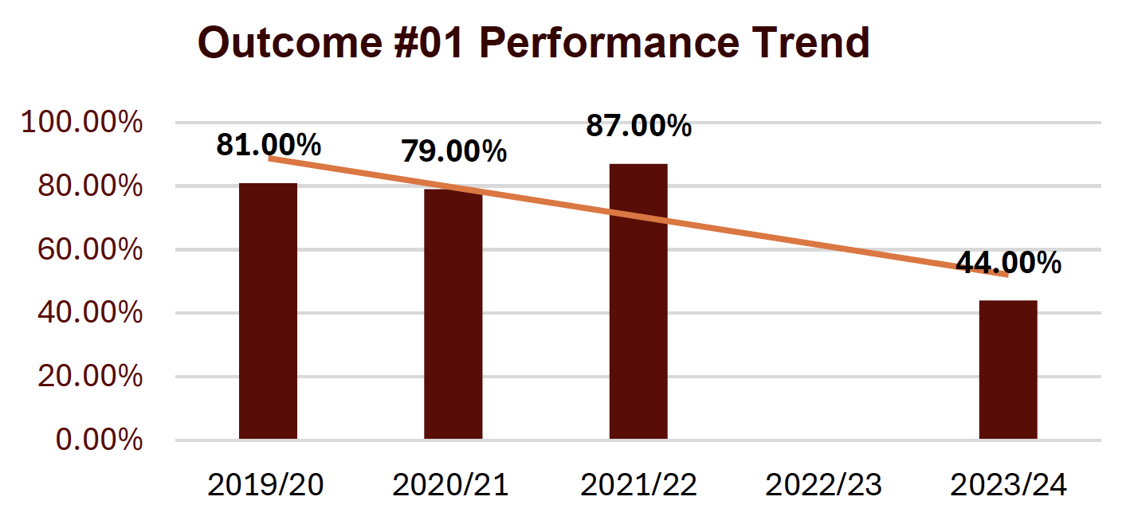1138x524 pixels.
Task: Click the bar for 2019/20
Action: (x=268, y=311)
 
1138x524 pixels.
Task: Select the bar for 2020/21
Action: (x=453, y=314)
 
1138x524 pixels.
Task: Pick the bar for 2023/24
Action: (x=1008, y=370)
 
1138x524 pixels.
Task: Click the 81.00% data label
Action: (x=269, y=145)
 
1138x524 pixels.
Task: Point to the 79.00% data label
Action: (x=453, y=151)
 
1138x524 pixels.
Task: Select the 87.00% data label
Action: (x=638, y=126)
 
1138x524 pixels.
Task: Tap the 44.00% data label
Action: (x=1008, y=262)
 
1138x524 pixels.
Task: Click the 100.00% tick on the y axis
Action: (x=82, y=123)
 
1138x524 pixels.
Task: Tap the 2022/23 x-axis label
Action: (x=823, y=485)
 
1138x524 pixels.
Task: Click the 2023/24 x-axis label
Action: (x=1008, y=485)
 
